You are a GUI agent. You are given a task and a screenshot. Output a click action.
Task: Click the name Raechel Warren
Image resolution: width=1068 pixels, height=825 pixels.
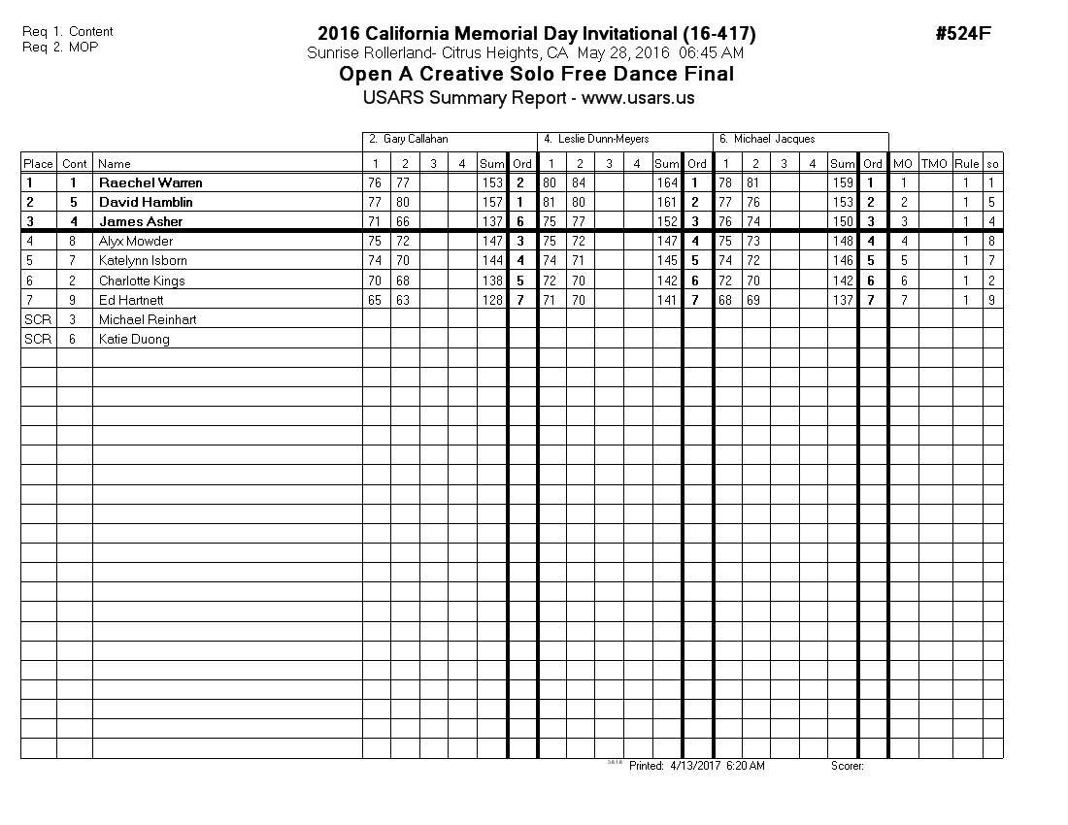(150, 182)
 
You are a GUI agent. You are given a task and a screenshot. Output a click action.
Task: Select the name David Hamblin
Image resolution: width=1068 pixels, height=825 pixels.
(146, 202)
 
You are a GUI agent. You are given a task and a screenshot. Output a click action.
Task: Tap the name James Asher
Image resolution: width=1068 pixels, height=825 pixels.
(141, 221)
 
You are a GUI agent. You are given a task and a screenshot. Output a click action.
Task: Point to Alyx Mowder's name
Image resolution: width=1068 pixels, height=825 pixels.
(135, 241)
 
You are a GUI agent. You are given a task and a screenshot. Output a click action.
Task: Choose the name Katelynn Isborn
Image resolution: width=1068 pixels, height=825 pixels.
(143, 260)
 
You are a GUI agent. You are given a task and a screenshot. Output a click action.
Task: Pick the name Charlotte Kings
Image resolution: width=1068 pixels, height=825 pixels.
(142, 280)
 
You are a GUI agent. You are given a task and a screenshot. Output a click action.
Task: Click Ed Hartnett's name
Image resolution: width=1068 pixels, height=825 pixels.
(131, 300)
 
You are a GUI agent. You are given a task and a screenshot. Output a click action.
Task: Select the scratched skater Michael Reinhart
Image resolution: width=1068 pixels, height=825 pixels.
(148, 319)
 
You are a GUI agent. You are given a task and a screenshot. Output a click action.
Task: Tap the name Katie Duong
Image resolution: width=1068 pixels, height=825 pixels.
(134, 339)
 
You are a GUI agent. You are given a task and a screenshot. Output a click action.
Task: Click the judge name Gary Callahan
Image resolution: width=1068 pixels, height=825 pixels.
(416, 140)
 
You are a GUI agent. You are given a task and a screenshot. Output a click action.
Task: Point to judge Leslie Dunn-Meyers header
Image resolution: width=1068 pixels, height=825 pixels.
(603, 140)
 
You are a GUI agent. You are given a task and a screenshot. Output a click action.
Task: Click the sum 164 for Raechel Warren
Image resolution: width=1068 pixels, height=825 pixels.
(666, 182)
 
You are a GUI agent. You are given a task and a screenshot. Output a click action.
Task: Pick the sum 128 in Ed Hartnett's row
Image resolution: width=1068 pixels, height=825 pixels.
(491, 300)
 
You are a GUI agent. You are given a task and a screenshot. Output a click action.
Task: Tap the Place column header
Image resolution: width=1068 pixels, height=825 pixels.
(38, 164)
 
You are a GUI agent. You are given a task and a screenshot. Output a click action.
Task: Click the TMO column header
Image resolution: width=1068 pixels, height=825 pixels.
(934, 164)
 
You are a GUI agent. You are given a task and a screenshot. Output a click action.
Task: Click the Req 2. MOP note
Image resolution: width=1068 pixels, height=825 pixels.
(60, 47)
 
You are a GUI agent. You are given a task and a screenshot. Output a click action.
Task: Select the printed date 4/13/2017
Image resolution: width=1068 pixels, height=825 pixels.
(689, 766)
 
